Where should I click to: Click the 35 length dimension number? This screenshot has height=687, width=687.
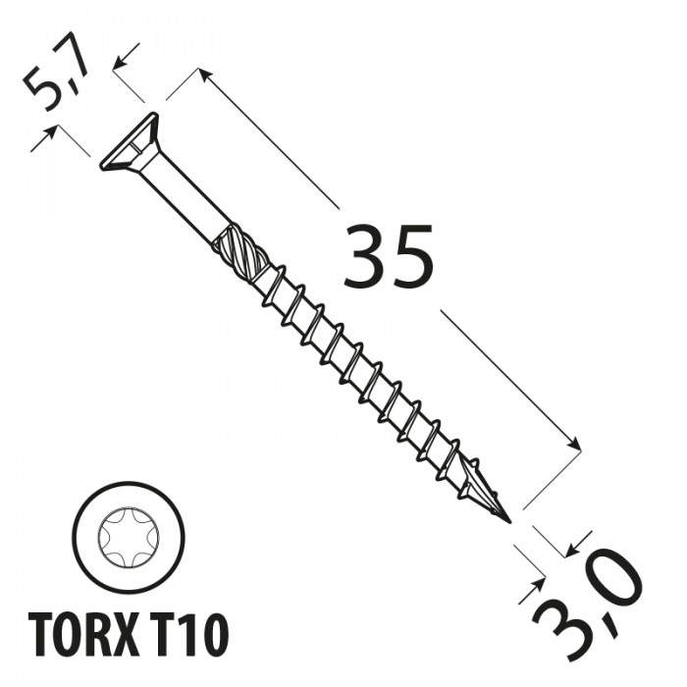(389, 256)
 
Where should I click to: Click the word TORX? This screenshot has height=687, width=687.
(86, 634)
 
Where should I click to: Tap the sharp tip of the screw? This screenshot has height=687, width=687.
(510, 522)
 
